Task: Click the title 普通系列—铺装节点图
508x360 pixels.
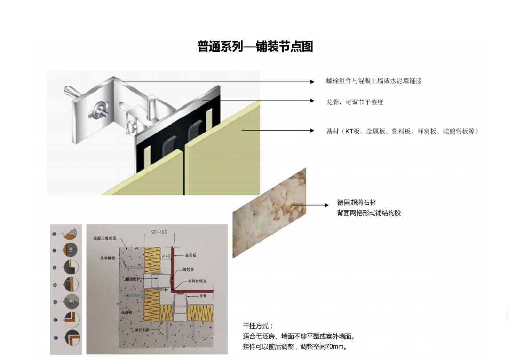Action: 255,47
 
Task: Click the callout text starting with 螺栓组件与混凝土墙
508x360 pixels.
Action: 374,81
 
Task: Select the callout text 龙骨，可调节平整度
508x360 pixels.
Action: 355,102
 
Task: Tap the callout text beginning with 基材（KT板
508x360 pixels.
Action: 402,132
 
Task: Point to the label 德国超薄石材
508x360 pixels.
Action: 357,203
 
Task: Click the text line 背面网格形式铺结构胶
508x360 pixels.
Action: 369,213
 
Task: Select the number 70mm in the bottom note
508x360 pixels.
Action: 336,347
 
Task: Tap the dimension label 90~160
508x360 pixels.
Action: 159,232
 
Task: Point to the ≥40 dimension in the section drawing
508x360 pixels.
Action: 165,256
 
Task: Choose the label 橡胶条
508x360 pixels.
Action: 190,271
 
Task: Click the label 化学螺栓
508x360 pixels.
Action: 107,258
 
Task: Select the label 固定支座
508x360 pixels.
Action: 141,330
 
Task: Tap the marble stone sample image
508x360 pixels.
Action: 269,212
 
